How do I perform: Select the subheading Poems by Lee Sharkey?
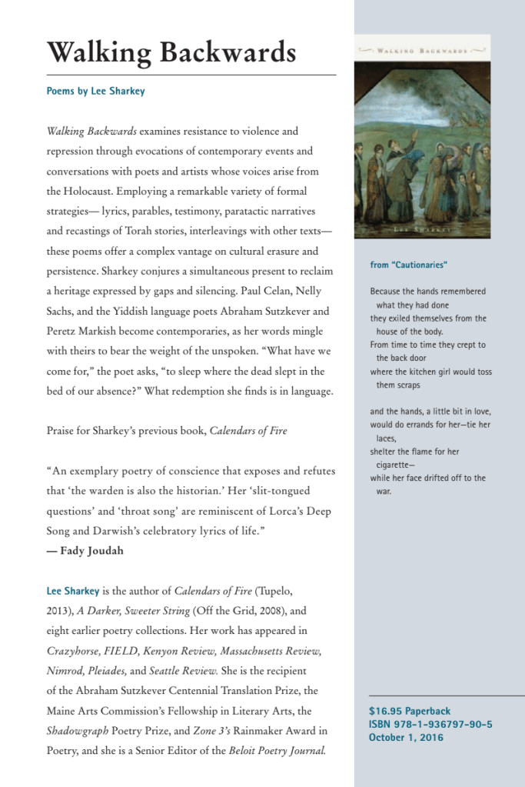[95, 91]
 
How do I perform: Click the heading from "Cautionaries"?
[408, 265]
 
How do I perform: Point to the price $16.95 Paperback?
[410, 711]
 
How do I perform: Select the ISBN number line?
[430, 724]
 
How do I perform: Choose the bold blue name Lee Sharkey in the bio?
[73, 592]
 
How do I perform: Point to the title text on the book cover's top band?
[422, 50]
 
